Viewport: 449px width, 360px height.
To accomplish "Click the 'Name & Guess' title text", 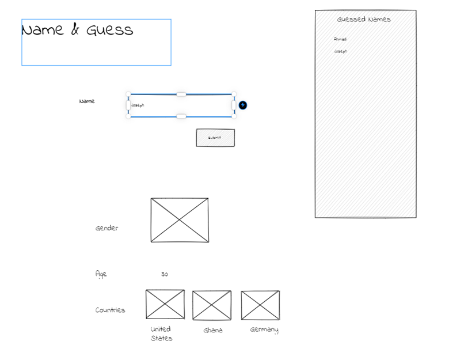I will [77, 30].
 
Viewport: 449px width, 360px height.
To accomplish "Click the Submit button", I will [215, 138].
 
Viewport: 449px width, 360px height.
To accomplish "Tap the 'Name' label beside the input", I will [87, 101].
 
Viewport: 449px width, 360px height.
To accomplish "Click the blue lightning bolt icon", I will [243, 105].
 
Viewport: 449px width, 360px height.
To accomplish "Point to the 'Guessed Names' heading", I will [364, 20].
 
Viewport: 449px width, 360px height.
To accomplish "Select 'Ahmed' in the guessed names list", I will [340, 39].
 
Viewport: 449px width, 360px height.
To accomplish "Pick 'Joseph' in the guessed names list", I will [341, 51].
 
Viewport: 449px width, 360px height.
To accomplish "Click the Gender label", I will [107, 228].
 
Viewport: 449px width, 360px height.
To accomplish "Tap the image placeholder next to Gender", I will [180, 220].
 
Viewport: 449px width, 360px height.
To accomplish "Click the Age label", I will [101, 274].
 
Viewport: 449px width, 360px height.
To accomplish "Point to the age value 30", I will [165, 275].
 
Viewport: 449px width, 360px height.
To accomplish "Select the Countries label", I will [110, 310].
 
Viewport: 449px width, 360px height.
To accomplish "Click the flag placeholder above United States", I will [165, 304].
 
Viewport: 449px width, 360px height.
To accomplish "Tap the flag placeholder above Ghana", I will [212, 305].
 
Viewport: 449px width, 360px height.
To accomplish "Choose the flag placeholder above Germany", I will [260, 305].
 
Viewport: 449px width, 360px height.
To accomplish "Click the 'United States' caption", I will [161, 334].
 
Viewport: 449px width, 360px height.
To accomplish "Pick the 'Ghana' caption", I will [213, 331].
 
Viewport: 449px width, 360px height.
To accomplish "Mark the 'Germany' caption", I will [264, 330].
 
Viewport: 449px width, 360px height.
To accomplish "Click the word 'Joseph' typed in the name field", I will [138, 105].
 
